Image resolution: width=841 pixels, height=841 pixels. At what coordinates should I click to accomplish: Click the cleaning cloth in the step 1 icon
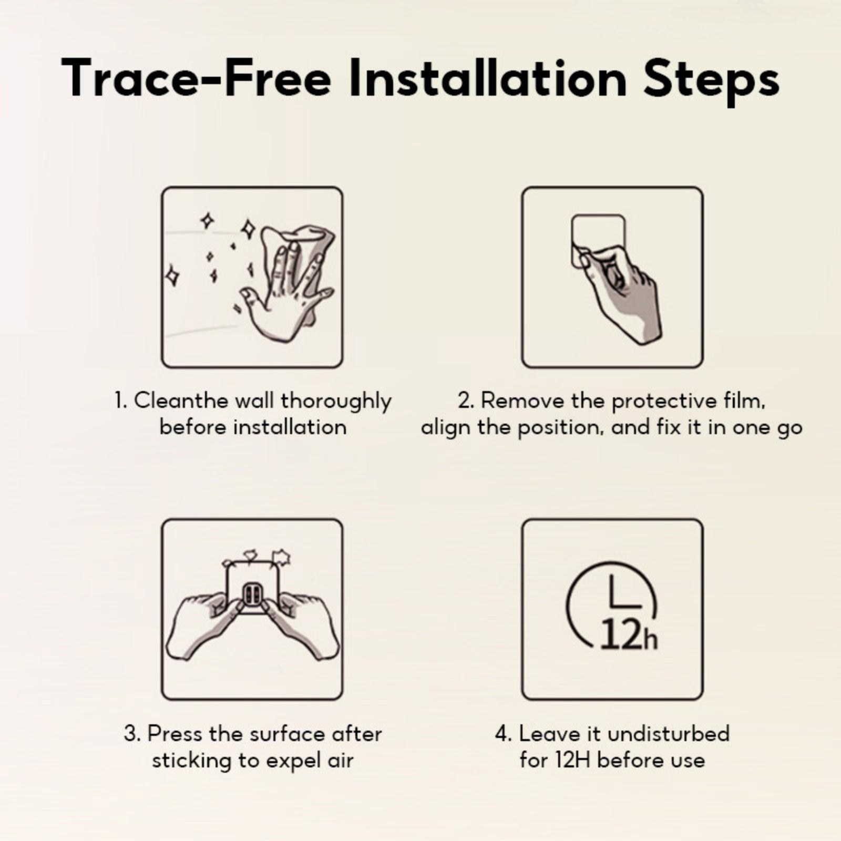300,258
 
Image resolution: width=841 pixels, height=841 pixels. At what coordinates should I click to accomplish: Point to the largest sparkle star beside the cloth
249,229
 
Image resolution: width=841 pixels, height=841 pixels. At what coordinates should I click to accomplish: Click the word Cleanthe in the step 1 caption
181,401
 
